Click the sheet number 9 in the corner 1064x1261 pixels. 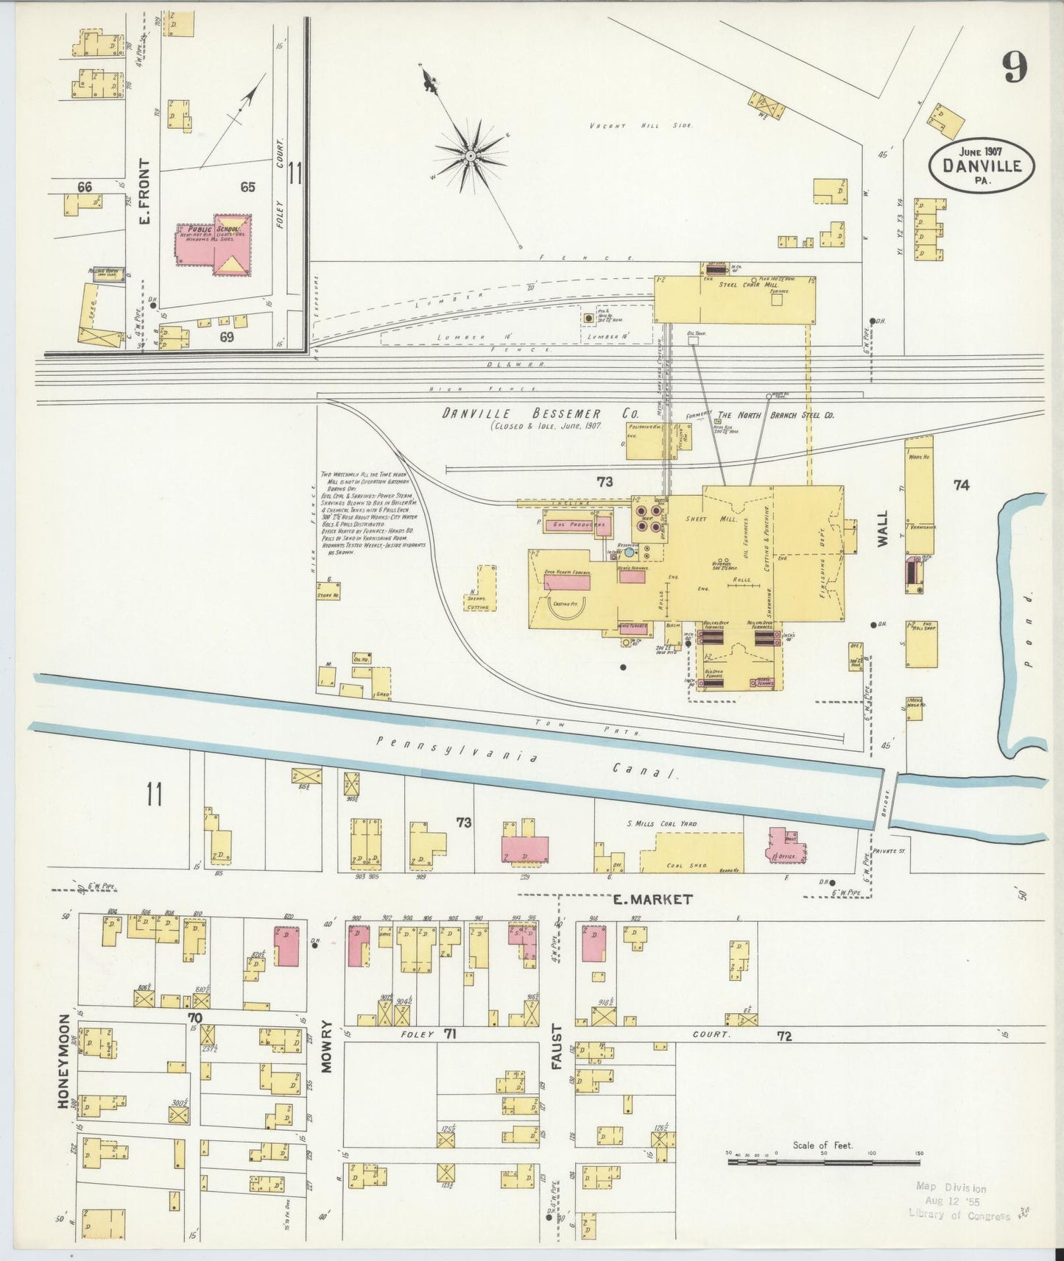point(1014,69)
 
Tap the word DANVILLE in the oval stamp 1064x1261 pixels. point(982,166)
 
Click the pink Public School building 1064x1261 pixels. point(214,246)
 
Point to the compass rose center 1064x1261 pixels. point(469,156)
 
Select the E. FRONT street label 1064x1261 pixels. point(144,192)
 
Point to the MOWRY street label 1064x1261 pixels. point(326,1046)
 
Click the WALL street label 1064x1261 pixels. point(883,528)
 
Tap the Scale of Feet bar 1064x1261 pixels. point(823,1162)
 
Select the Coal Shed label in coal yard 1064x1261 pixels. point(687,865)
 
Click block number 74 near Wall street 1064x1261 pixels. point(961,485)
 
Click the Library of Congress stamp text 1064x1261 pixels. point(959,1215)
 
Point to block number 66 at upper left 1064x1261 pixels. point(85,187)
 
